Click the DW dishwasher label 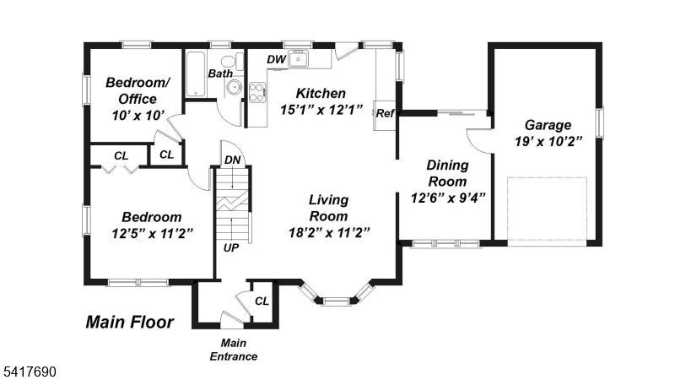click(277, 59)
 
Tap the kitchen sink click(299, 58)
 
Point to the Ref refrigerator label click(385, 113)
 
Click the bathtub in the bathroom click(196, 73)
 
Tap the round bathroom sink click(235, 87)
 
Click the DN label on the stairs click(233, 160)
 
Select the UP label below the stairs click(231, 247)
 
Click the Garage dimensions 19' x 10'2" click(548, 141)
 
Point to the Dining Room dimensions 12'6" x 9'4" click(448, 198)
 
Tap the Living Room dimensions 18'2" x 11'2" click(329, 233)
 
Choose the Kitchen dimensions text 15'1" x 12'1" click(321, 110)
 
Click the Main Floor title click(130, 322)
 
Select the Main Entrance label click(234, 350)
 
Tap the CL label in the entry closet click(262, 301)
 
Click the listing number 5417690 click(30, 372)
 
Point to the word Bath click(220, 73)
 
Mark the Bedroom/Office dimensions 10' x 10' click(138, 116)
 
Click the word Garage click(548, 125)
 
